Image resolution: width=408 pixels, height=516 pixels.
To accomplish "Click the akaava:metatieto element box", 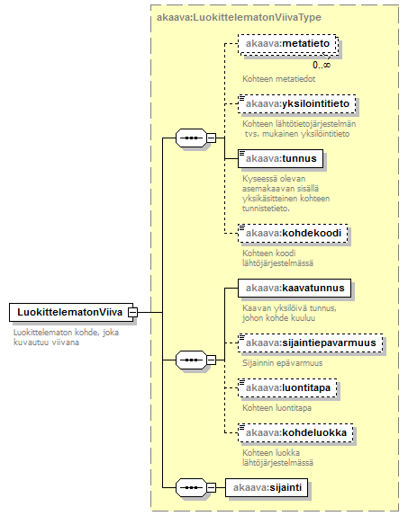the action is [x=287, y=43].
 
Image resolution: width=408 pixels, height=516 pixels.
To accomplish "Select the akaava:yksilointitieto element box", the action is [x=297, y=103].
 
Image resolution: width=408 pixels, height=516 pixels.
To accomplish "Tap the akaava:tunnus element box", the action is [x=280, y=158].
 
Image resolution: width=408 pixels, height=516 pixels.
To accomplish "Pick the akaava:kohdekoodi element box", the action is [x=293, y=234].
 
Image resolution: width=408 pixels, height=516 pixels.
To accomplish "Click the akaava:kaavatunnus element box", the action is [x=295, y=289].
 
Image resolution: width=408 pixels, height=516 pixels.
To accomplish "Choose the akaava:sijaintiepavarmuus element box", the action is [x=311, y=343].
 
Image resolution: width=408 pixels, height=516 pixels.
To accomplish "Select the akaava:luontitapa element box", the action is [x=287, y=388].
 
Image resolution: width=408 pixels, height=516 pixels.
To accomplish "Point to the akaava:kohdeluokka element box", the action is [x=295, y=432].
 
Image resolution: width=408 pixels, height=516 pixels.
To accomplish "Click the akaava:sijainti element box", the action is [x=267, y=487].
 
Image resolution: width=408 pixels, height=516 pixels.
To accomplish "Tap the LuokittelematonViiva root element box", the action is [x=71, y=312].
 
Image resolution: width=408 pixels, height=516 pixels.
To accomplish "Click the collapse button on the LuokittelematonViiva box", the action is [x=133, y=312].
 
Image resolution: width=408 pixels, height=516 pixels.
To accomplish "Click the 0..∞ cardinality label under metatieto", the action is [x=322, y=65].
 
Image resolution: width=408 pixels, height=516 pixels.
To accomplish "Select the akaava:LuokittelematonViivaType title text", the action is [x=239, y=17].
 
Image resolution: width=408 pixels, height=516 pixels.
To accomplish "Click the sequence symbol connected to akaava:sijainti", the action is [x=191, y=488].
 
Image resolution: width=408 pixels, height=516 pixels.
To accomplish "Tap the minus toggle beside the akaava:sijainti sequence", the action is [x=211, y=488].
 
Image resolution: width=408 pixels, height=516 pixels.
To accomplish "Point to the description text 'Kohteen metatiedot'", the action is [x=278, y=79].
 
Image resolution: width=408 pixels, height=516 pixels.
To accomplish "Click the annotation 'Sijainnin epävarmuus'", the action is [x=282, y=363].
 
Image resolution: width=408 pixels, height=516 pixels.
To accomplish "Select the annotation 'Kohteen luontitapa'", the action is [x=277, y=408].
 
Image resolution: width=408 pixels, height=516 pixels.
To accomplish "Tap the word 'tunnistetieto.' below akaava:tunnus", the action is [x=266, y=209].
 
